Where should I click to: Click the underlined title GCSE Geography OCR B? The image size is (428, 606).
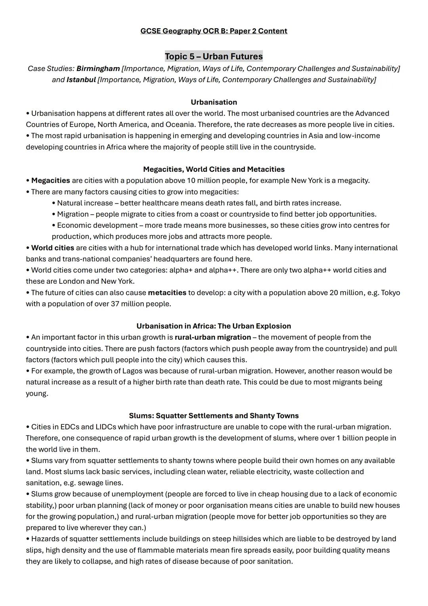[214, 31]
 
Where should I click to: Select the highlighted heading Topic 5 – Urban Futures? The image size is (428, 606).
[214, 56]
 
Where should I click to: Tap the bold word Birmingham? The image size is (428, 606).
[98, 69]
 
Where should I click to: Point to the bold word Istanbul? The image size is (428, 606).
[81, 80]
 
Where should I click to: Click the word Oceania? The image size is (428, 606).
[180, 125]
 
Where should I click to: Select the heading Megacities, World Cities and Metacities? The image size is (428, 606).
[214, 169]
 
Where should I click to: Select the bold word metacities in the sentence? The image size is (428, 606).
[167, 293]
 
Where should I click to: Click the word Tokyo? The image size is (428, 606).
[390, 293]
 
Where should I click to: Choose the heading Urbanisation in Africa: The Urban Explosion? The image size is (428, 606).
[214, 326]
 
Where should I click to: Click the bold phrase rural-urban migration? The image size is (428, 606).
[212, 337]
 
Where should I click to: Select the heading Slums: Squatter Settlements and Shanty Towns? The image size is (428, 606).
[214, 416]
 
